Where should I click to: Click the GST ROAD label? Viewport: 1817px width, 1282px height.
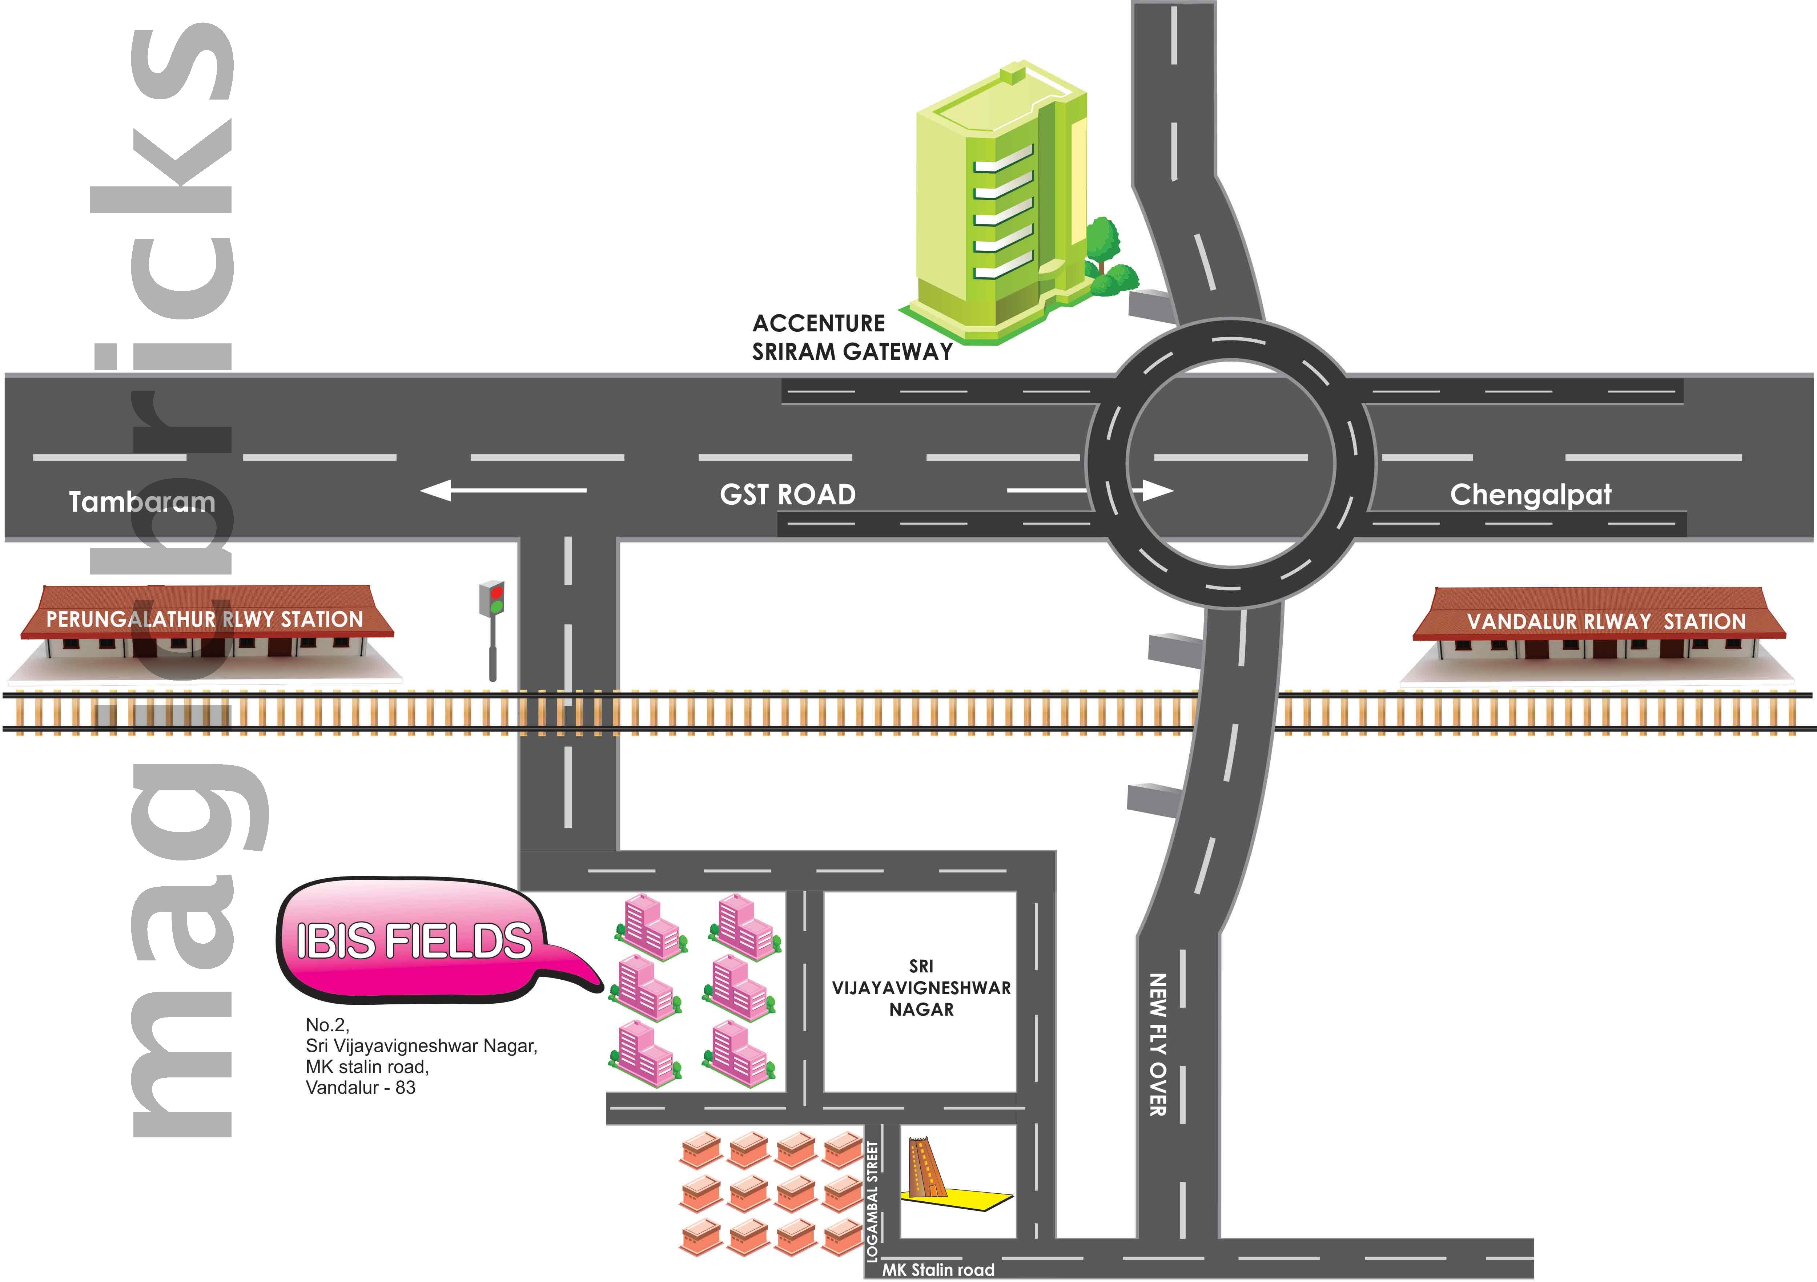(x=787, y=495)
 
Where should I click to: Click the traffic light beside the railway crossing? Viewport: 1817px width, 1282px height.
(x=492, y=625)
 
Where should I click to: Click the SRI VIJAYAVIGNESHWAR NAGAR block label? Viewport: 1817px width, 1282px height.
(x=921, y=988)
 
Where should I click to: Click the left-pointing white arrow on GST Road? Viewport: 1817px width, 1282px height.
(x=503, y=491)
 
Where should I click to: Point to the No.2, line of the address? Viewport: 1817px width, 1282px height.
(x=327, y=1025)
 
